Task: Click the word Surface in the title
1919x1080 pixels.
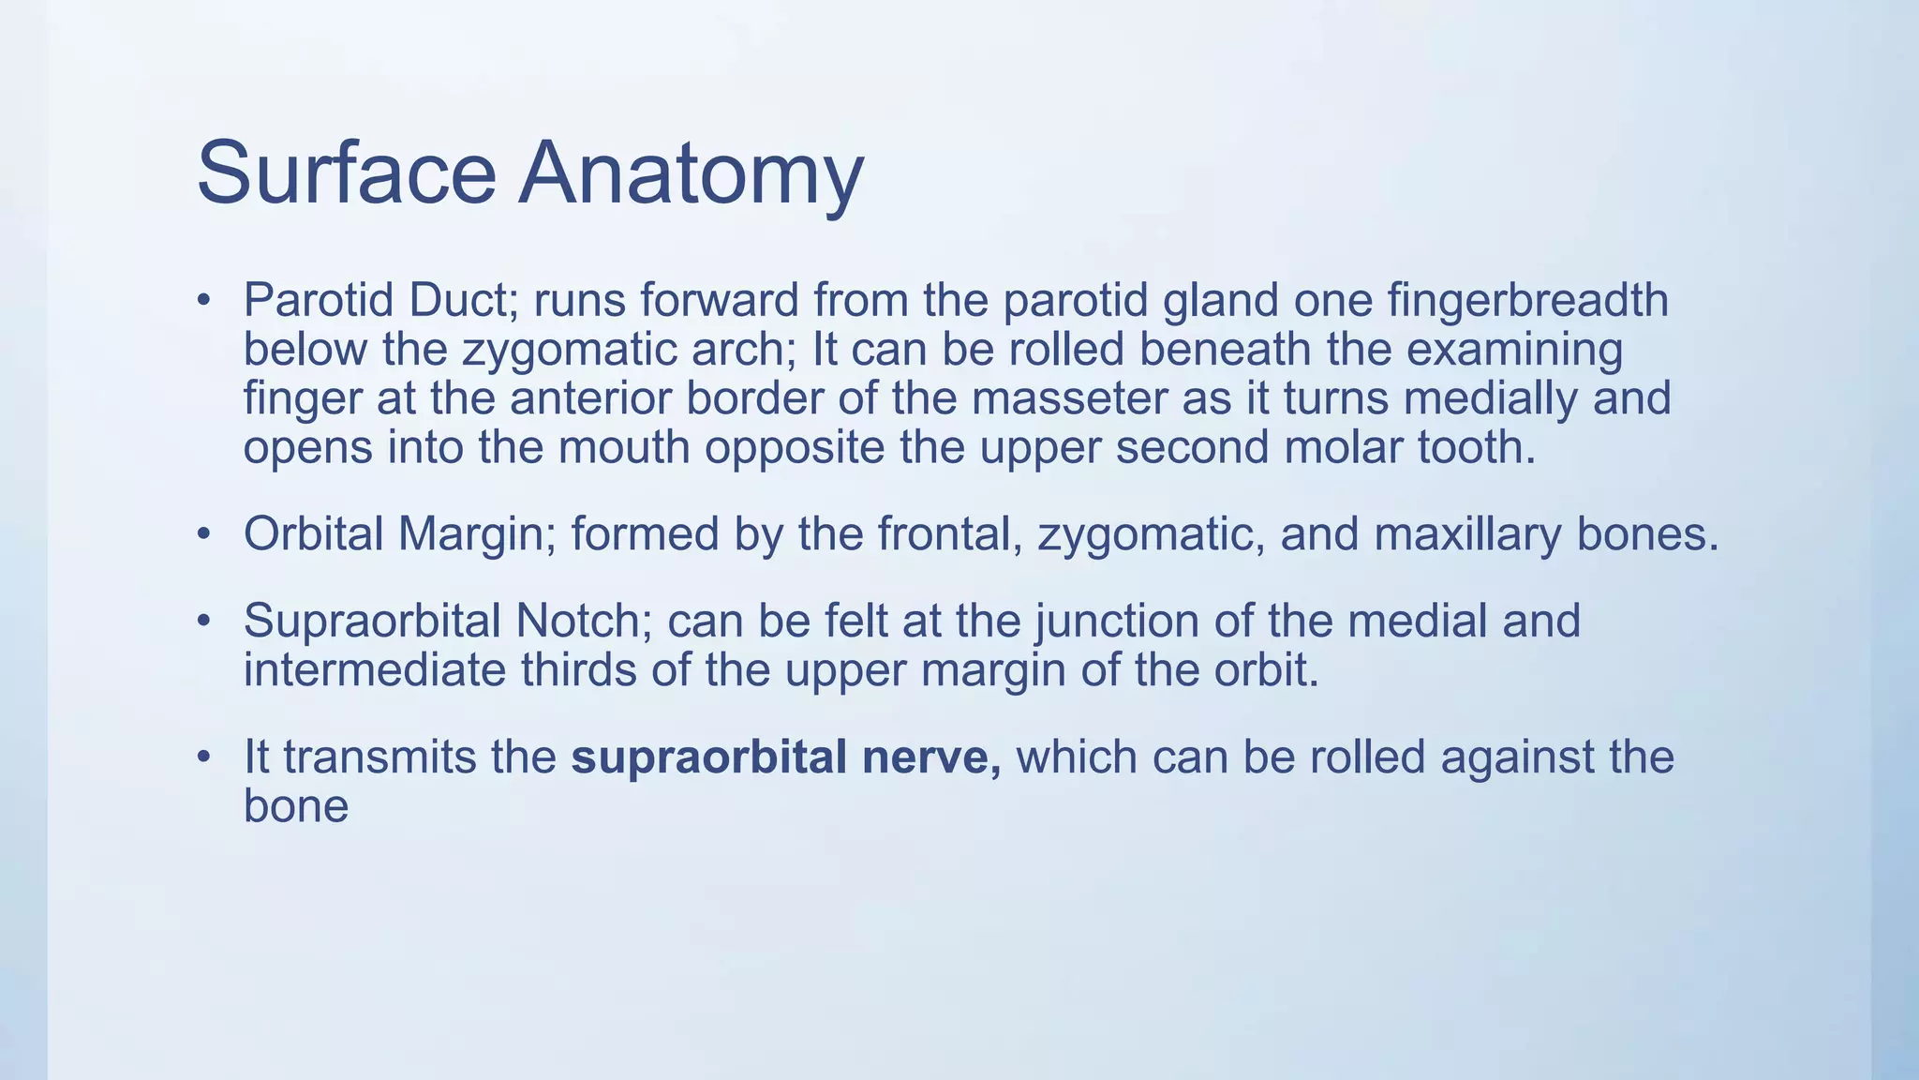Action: coord(346,173)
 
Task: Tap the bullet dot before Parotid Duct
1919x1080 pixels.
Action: coord(202,301)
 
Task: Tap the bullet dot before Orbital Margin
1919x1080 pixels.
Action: coord(202,534)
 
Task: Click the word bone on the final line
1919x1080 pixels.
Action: coord(295,806)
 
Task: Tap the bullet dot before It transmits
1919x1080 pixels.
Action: coord(202,757)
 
